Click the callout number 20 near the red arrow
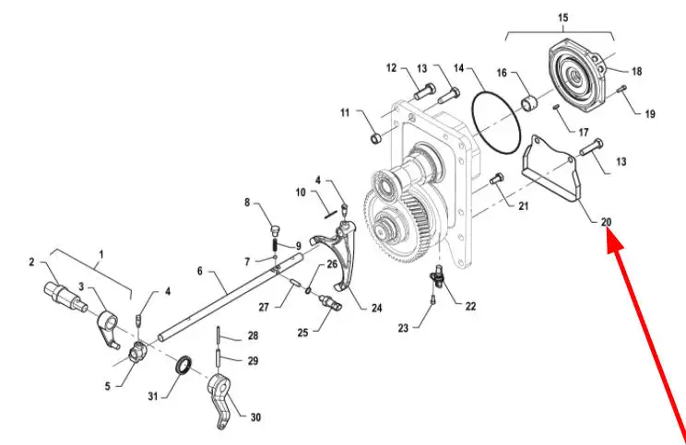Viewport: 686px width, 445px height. coord(606,222)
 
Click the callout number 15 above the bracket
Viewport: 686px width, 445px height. coord(563,18)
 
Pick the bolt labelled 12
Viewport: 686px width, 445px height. coord(424,91)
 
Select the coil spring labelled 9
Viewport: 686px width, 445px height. coord(276,245)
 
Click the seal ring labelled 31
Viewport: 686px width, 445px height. coord(183,365)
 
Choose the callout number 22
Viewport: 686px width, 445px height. coord(470,306)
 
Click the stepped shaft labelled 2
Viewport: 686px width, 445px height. coord(65,296)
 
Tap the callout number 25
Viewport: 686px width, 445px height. coord(302,333)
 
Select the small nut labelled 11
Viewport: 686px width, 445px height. coord(376,138)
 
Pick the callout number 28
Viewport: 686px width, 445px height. coord(253,335)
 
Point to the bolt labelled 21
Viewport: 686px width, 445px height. coord(497,179)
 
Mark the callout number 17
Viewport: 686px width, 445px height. coord(584,132)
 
